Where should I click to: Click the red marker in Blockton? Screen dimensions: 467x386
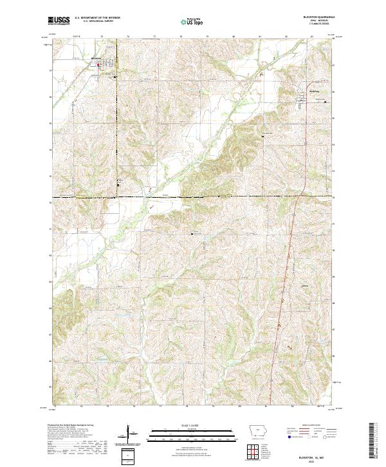point(98,64)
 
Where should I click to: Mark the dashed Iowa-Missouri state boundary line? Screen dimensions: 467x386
point(193,196)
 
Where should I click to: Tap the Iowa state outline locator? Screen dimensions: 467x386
point(256,430)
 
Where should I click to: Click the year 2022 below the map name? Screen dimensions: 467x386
point(319,461)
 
